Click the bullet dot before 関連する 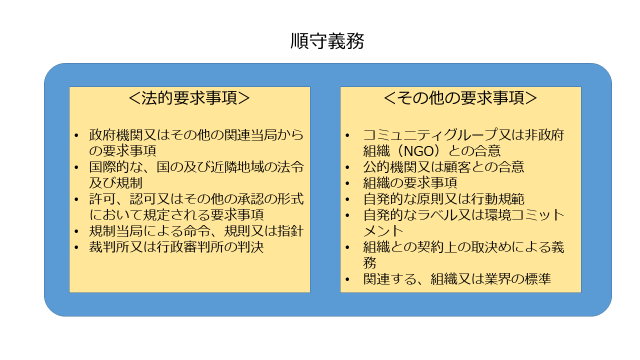click(x=348, y=280)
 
